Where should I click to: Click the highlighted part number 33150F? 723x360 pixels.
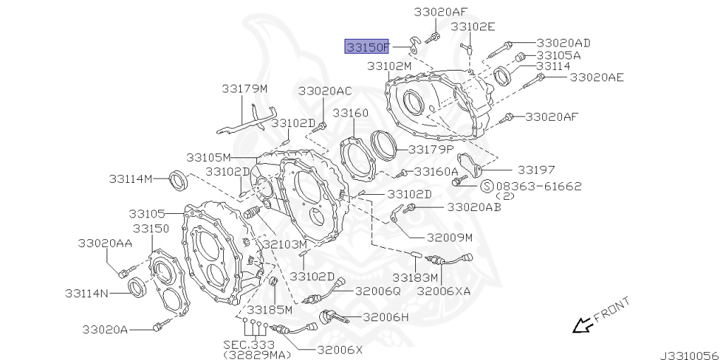pyautogui.click(x=366, y=47)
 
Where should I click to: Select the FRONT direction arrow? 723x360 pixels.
pyautogui.click(x=582, y=325)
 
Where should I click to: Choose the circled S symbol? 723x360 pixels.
pyautogui.click(x=486, y=186)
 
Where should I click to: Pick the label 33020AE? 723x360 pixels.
pyautogui.click(x=597, y=77)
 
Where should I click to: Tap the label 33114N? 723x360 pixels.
pyautogui.click(x=87, y=293)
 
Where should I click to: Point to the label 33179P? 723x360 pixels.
pyautogui.click(x=430, y=150)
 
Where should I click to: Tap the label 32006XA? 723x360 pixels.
pyautogui.click(x=443, y=290)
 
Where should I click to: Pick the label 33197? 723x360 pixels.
pyautogui.click(x=536, y=170)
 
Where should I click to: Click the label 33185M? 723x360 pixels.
pyautogui.click(x=264, y=309)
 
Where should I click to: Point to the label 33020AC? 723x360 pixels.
pyautogui.click(x=324, y=91)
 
